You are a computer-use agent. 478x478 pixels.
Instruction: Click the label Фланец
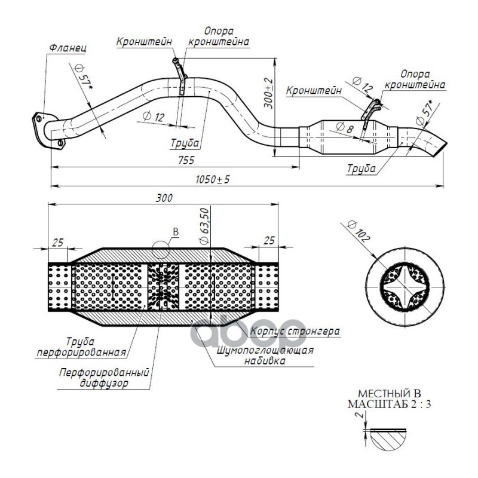click(x=68, y=48)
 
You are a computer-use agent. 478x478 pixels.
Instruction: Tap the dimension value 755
click(x=186, y=160)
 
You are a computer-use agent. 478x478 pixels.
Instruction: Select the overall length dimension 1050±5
click(x=212, y=180)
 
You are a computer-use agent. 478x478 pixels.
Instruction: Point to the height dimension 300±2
click(x=268, y=93)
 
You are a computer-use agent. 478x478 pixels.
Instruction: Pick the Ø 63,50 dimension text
click(x=204, y=226)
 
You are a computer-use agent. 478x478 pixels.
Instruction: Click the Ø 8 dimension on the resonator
click(x=344, y=127)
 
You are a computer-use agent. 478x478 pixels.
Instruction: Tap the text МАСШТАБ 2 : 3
click(x=390, y=405)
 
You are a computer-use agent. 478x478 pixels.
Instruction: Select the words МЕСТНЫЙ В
click(x=390, y=393)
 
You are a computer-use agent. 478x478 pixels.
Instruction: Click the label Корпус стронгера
click(x=295, y=331)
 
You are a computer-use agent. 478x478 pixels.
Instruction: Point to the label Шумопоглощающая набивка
click(x=265, y=356)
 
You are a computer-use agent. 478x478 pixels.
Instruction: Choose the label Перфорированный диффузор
click(x=104, y=378)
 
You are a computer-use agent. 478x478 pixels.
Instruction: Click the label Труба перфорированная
click(x=81, y=347)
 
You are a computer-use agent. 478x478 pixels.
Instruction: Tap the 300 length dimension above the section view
click(x=164, y=198)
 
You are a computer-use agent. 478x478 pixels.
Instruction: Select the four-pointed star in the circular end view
click(x=405, y=287)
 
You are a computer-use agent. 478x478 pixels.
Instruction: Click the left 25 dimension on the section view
click(x=57, y=243)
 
